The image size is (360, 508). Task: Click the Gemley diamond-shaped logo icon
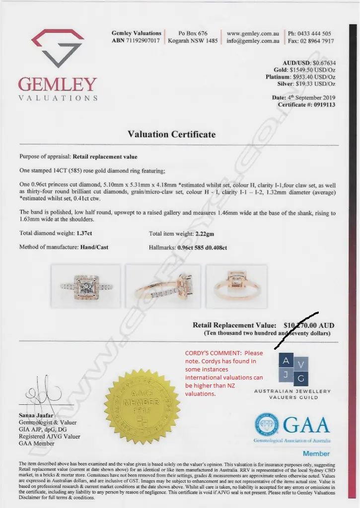(x=58, y=48)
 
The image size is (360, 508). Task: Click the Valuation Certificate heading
(x=172, y=134)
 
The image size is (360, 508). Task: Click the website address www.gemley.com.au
(x=253, y=34)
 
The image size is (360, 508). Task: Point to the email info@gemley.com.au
(x=253, y=41)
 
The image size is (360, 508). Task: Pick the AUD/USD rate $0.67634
(x=324, y=63)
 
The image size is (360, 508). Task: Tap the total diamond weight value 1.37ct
(x=83, y=233)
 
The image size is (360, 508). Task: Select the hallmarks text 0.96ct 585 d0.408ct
(x=202, y=247)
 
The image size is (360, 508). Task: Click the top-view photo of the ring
(x=86, y=286)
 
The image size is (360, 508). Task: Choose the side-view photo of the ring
(x=163, y=286)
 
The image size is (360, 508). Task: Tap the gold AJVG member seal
(x=142, y=406)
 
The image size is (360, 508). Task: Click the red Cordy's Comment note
(x=224, y=373)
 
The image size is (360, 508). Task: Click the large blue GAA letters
(x=306, y=425)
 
